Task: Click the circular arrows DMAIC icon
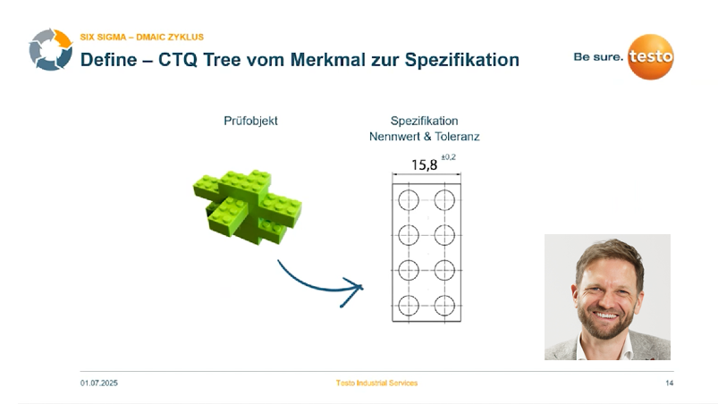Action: [x=50, y=50]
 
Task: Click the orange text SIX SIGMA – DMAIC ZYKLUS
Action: [x=141, y=38]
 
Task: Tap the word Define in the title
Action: [x=106, y=61]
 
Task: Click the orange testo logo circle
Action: [x=650, y=58]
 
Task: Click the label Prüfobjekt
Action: [x=250, y=121]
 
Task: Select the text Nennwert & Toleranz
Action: [x=425, y=137]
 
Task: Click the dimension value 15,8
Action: [x=424, y=164]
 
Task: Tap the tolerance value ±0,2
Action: [x=448, y=157]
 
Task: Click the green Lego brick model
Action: [x=241, y=205]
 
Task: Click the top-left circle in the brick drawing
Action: [x=409, y=198]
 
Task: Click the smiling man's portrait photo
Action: [x=607, y=297]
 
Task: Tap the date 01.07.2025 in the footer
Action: [x=99, y=383]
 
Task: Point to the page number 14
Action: [x=669, y=383]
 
